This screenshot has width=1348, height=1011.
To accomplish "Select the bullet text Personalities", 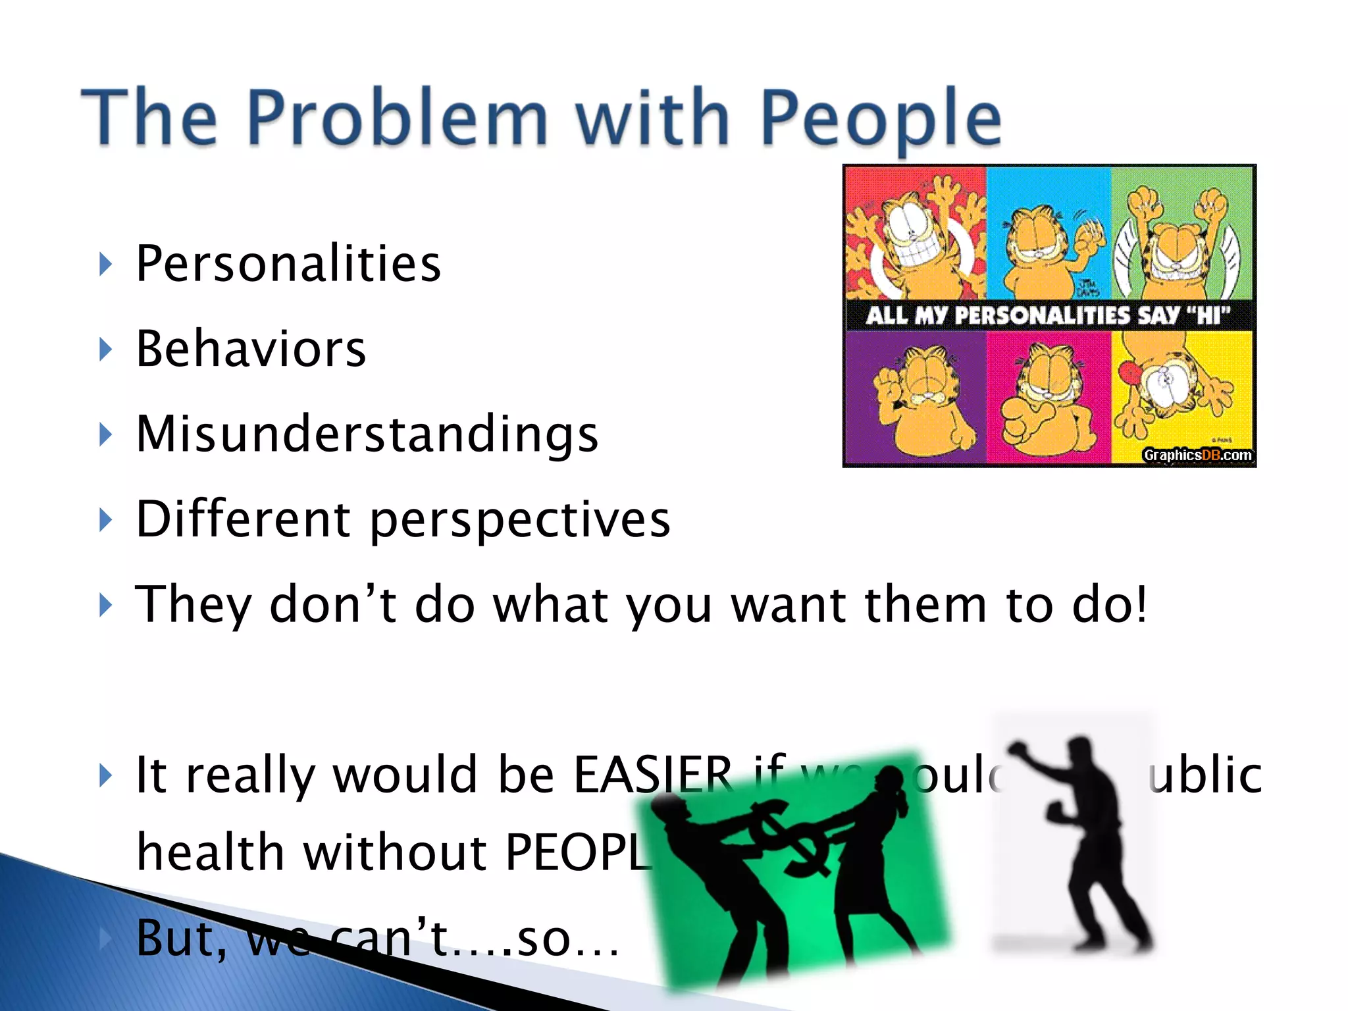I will pyautogui.click(x=288, y=264).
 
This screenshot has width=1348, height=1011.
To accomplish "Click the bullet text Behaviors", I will pyautogui.click(x=251, y=349).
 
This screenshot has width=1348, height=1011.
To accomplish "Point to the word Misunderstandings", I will pyautogui.click(x=367, y=434).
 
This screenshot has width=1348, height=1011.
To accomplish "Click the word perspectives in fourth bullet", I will pyautogui.click(x=520, y=520).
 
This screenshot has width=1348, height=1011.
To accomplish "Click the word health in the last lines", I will pyautogui.click(x=209, y=852).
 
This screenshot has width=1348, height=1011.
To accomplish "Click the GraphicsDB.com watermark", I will pyautogui.click(x=1197, y=455).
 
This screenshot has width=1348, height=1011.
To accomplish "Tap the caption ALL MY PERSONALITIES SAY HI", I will pyautogui.click(x=1048, y=315).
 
